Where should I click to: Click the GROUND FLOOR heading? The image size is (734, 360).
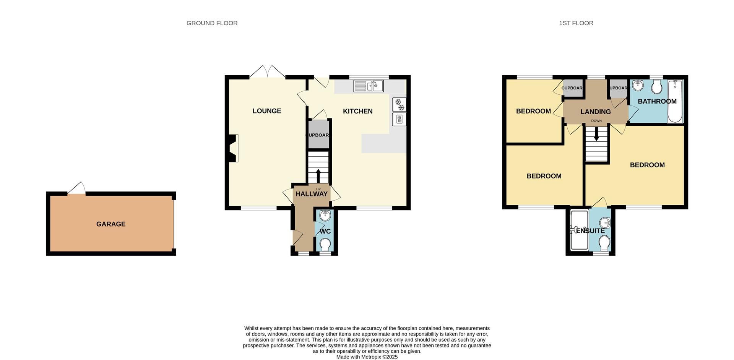pyautogui.click(x=212, y=23)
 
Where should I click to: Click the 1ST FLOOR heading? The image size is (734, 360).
pyautogui.click(x=576, y=23)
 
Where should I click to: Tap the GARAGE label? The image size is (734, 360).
pyautogui.click(x=111, y=224)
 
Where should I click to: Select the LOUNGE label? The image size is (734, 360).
pyautogui.click(x=266, y=111)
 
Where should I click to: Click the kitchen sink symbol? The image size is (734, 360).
pyautogui.click(x=368, y=86)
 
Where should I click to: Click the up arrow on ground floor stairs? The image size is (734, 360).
pyautogui.click(x=318, y=176)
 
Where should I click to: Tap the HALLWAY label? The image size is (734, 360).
pyautogui.click(x=312, y=194)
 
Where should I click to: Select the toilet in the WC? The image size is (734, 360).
pyautogui.click(x=325, y=244)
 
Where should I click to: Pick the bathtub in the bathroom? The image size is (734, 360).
pyautogui.click(x=675, y=101)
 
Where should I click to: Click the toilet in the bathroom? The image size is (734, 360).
pyautogui.click(x=657, y=87)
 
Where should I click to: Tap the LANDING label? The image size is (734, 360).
pyautogui.click(x=595, y=112)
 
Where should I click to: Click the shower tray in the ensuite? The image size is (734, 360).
pyautogui.click(x=579, y=230)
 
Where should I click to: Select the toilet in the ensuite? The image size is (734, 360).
pyautogui.click(x=604, y=243)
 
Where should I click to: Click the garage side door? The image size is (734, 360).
pyautogui.click(x=77, y=188)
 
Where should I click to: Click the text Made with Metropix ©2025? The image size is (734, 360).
pyautogui.click(x=367, y=357)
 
